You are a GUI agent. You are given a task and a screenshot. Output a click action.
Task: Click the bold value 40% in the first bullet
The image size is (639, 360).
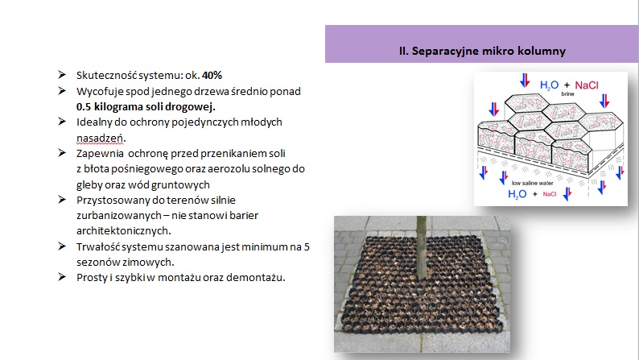pos(212,76)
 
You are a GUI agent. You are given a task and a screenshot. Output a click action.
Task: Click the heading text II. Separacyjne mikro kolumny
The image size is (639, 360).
pos(482,51)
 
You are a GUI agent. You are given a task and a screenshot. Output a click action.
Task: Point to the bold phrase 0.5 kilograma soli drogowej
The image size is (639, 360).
pos(146,107)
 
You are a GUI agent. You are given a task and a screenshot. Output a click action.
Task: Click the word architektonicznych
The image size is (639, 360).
pos(123,231)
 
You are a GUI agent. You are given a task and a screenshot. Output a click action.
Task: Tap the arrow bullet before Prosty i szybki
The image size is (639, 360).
pos(62,277)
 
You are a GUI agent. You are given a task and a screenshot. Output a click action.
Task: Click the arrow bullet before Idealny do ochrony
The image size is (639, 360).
pos(62,122)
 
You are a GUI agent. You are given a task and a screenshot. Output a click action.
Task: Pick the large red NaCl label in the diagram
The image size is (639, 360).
pos(587,85)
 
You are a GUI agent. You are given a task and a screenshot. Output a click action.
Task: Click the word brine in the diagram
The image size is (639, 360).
pos(567,93)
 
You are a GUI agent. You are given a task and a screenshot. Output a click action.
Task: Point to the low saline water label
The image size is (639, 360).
pos(532,183)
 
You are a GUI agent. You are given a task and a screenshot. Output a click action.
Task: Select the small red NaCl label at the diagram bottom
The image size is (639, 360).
pos(550,194)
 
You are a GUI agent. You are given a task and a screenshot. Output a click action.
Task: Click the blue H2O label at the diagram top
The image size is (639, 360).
pos(549,85)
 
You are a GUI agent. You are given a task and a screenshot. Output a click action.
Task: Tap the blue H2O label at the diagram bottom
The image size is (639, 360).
pos(517,194)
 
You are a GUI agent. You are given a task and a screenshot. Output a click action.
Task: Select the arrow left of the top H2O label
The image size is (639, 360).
pos(525,81)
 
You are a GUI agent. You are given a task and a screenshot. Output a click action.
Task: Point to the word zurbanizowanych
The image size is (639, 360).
pos(119,215)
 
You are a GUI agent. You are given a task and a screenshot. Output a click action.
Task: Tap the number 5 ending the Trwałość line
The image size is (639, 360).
pos(307,246)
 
